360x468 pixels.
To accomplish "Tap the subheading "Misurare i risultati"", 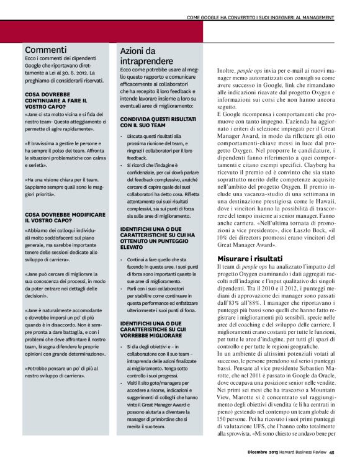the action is click(250, 276).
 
